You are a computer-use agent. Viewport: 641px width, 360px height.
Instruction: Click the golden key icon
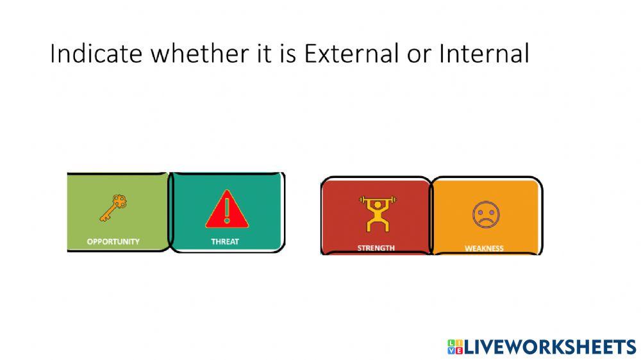point(113,209)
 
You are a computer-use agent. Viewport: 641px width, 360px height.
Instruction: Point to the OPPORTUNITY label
point(113,242)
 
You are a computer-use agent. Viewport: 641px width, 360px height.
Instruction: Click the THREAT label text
point(225,242)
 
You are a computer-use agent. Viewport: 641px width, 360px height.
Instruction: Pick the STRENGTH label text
point(376,247)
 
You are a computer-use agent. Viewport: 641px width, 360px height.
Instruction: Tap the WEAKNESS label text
point(484,249)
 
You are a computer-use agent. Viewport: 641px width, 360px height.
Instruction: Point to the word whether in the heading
point(194,54)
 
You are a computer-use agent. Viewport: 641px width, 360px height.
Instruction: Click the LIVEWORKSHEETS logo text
point(550,347)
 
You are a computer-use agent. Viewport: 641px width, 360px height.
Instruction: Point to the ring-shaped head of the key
point(119,202)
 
